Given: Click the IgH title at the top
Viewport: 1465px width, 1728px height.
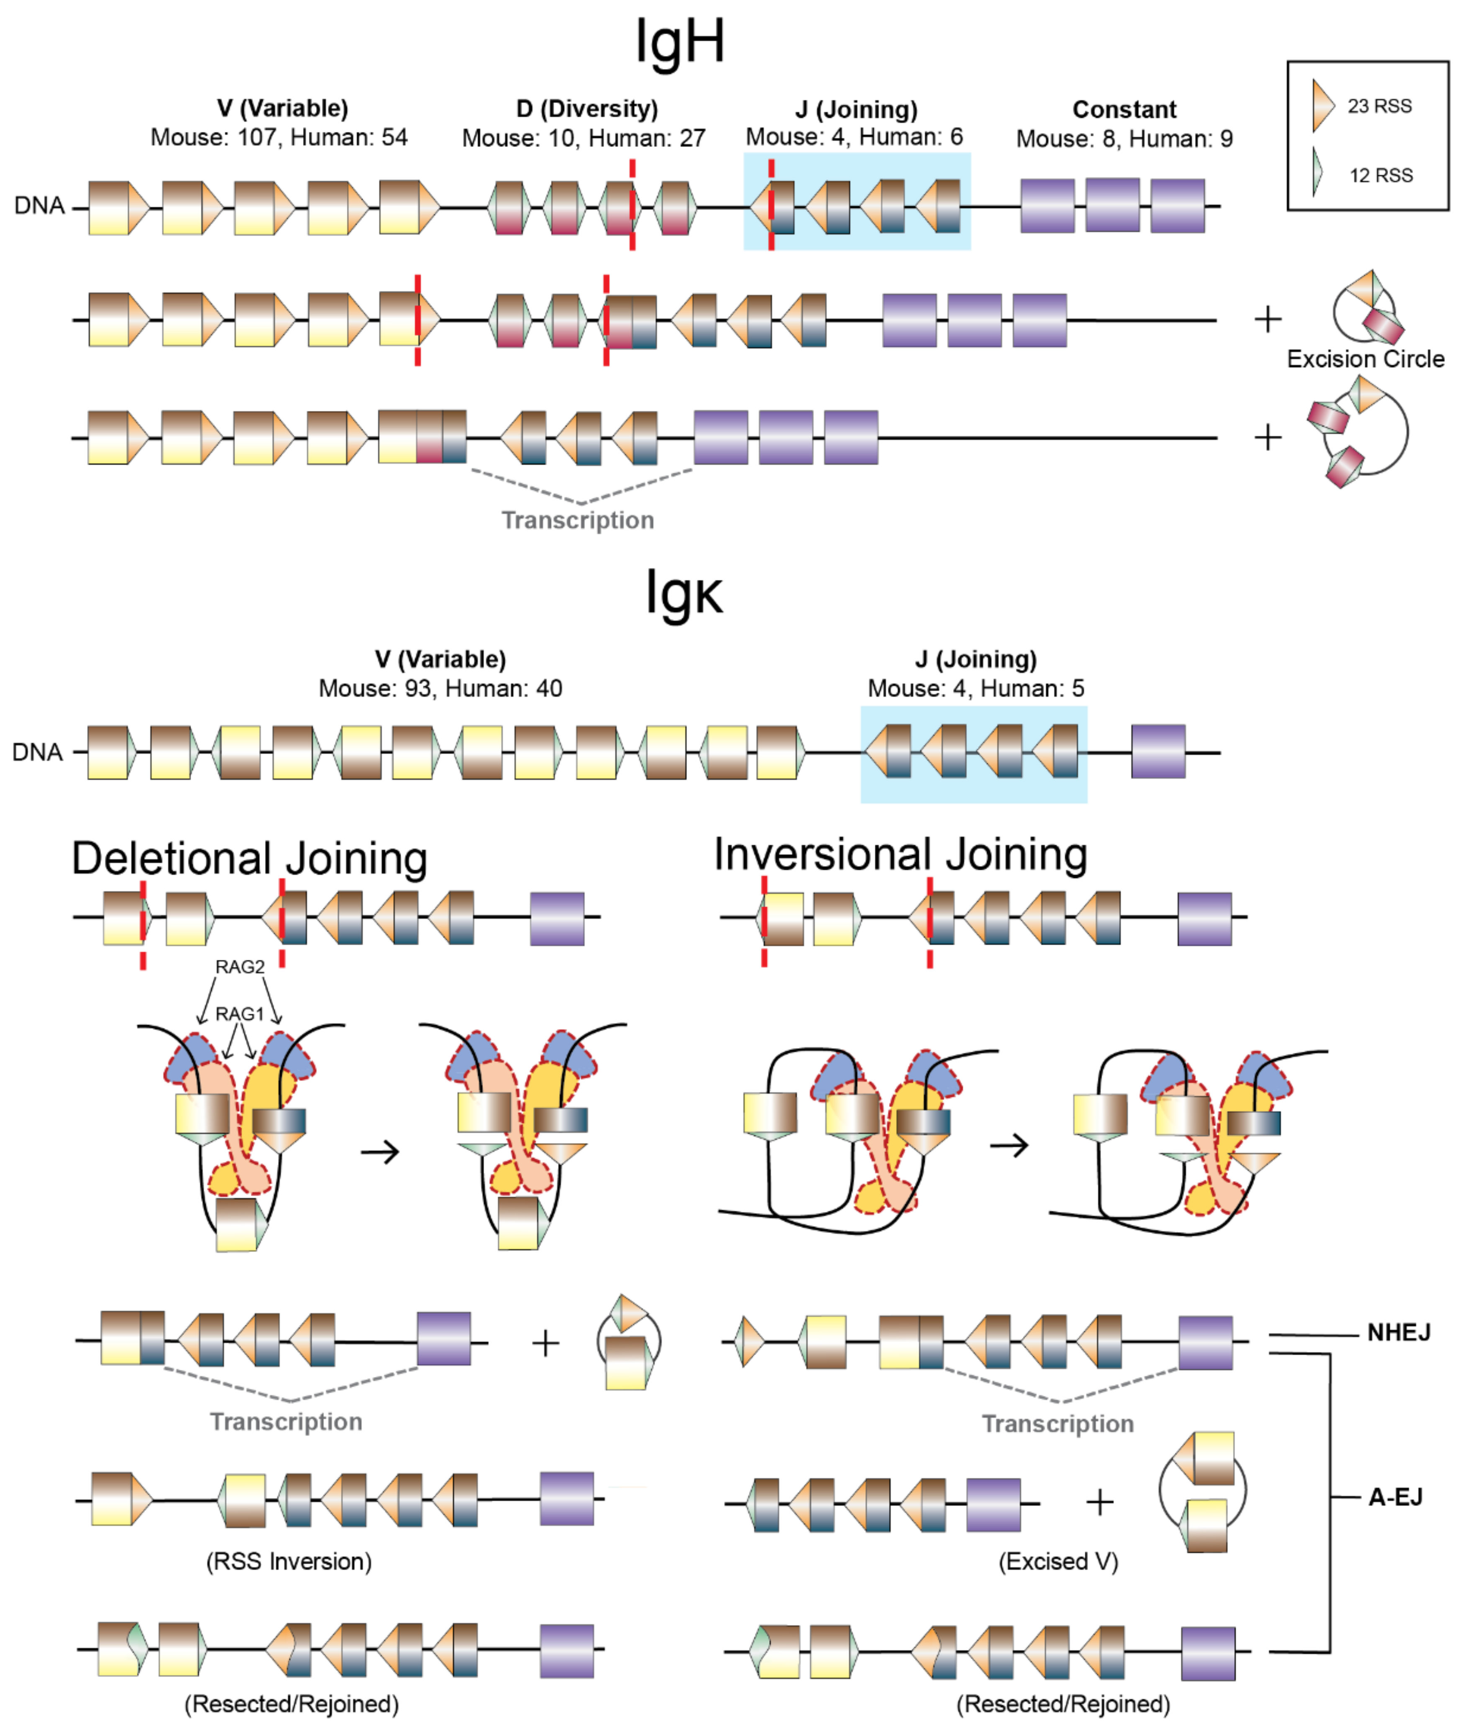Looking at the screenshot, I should (679, 41).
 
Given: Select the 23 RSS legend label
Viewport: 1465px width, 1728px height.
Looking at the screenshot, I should (1379, 106).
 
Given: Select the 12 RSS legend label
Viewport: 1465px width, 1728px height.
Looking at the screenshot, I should (1380, 175).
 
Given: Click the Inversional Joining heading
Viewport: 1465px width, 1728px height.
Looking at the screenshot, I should (900, 855).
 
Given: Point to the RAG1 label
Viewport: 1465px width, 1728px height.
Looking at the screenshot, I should (239, 1015).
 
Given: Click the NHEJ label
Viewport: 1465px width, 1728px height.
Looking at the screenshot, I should (1399, 1333).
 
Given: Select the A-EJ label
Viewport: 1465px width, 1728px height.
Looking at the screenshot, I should (1395, 1497).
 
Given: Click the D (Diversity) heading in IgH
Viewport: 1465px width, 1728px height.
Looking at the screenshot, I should (586, 109).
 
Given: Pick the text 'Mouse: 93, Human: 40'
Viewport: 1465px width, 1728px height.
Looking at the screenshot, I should (440, 689).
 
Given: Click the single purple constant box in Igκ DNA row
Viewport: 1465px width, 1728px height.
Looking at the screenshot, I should (1158, 752).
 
